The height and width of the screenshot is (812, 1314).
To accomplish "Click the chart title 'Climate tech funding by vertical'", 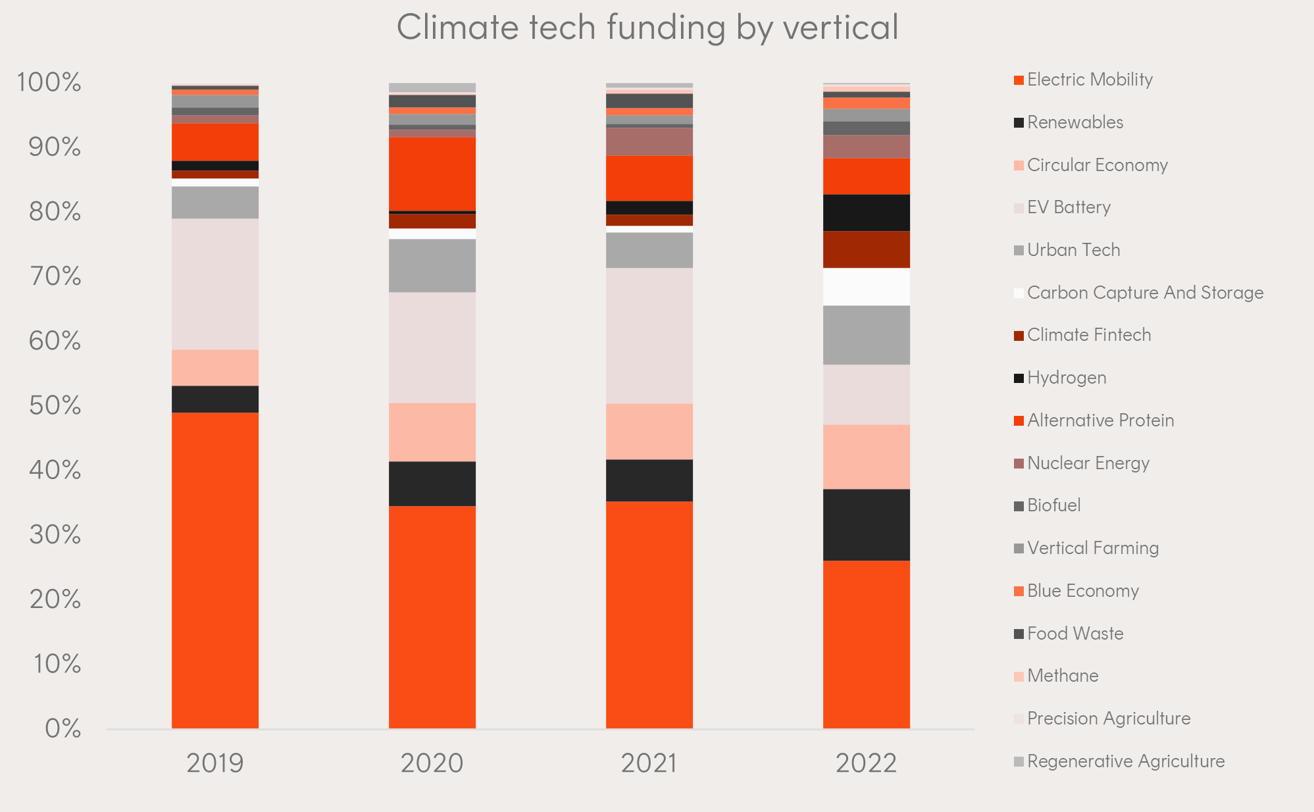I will point(647,28).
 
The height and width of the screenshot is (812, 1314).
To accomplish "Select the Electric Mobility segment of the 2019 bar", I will point(215,570).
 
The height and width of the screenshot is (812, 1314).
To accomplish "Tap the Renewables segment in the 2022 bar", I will point(866,524).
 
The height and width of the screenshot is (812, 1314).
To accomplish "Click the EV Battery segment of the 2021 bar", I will point(649,336).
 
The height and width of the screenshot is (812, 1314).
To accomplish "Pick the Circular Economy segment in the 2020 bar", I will point(432,432).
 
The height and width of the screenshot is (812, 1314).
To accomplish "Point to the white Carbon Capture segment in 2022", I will point(866,287).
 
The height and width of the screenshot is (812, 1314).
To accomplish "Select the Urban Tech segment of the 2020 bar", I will point(432,265).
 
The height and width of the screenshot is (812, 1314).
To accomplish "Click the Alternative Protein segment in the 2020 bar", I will point(432,174).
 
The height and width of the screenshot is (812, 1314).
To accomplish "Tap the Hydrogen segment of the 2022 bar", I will point(866,213).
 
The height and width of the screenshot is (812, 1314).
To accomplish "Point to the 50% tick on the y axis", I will point(55,405).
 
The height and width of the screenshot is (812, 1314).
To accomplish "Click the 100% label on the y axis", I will point(49,83).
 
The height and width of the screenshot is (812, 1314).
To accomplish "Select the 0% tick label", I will point(63,728).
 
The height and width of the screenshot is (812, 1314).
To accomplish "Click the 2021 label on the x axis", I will point(649,763).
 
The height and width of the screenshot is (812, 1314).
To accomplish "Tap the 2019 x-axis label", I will point(215,763).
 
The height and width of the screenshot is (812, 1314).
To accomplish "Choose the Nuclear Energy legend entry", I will point(1088,463).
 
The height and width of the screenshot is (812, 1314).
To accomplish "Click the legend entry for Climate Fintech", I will point(1088,335).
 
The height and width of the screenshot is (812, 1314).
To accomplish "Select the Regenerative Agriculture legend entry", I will point(1125,761).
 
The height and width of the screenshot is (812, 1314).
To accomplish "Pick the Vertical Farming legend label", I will point(1092,548).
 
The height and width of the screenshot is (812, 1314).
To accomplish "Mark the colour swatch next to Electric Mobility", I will point(1019,80).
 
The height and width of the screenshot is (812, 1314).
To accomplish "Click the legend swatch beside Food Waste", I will point(1019,634).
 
